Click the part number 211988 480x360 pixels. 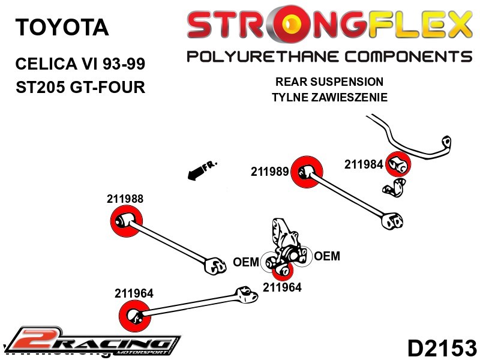125,199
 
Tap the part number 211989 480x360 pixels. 269,172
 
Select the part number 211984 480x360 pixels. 364,164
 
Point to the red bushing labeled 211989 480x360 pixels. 307,173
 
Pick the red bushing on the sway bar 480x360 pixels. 397,164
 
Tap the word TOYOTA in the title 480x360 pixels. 62,27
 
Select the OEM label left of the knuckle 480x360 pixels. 246,262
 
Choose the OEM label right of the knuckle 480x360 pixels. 327,256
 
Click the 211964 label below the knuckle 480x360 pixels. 282,287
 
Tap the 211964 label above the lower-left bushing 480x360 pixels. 134,293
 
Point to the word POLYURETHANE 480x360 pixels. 255,57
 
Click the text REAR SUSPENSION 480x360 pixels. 329,82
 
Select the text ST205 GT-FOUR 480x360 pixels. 80,87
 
